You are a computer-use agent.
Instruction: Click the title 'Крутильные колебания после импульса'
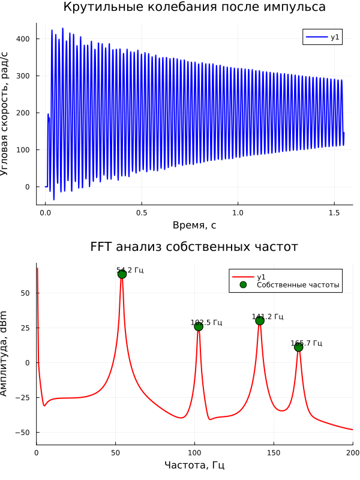[194, 7]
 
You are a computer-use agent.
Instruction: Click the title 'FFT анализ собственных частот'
[194, 247]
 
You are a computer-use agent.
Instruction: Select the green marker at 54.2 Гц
[122, 274]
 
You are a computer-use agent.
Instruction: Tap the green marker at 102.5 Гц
[199, 326]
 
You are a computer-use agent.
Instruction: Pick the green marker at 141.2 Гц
[260, 320]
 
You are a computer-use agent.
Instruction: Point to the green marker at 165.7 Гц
[299, 347]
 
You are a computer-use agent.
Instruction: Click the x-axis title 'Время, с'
[194, 225]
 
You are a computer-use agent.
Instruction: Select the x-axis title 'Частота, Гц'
[194, 465]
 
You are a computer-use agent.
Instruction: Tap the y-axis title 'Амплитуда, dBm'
[5, 353]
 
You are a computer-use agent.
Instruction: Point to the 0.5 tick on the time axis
[142, 213]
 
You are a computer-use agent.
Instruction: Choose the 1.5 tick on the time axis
[335, 213]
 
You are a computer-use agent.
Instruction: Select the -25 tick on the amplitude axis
[23, 397]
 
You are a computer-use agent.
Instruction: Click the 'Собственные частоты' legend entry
[298, 285]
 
